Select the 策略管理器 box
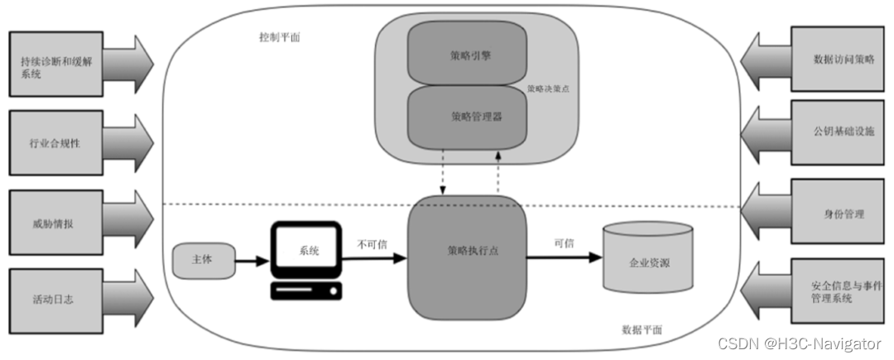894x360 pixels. pos(467,116)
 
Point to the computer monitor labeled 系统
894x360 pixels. pos(307,249)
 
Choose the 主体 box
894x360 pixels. pos(203,260)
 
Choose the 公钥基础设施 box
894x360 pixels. pos(839,132)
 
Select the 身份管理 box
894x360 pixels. pos(839,214)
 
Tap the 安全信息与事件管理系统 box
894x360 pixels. pos(839,290)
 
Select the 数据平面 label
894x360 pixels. pos(642,329)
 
